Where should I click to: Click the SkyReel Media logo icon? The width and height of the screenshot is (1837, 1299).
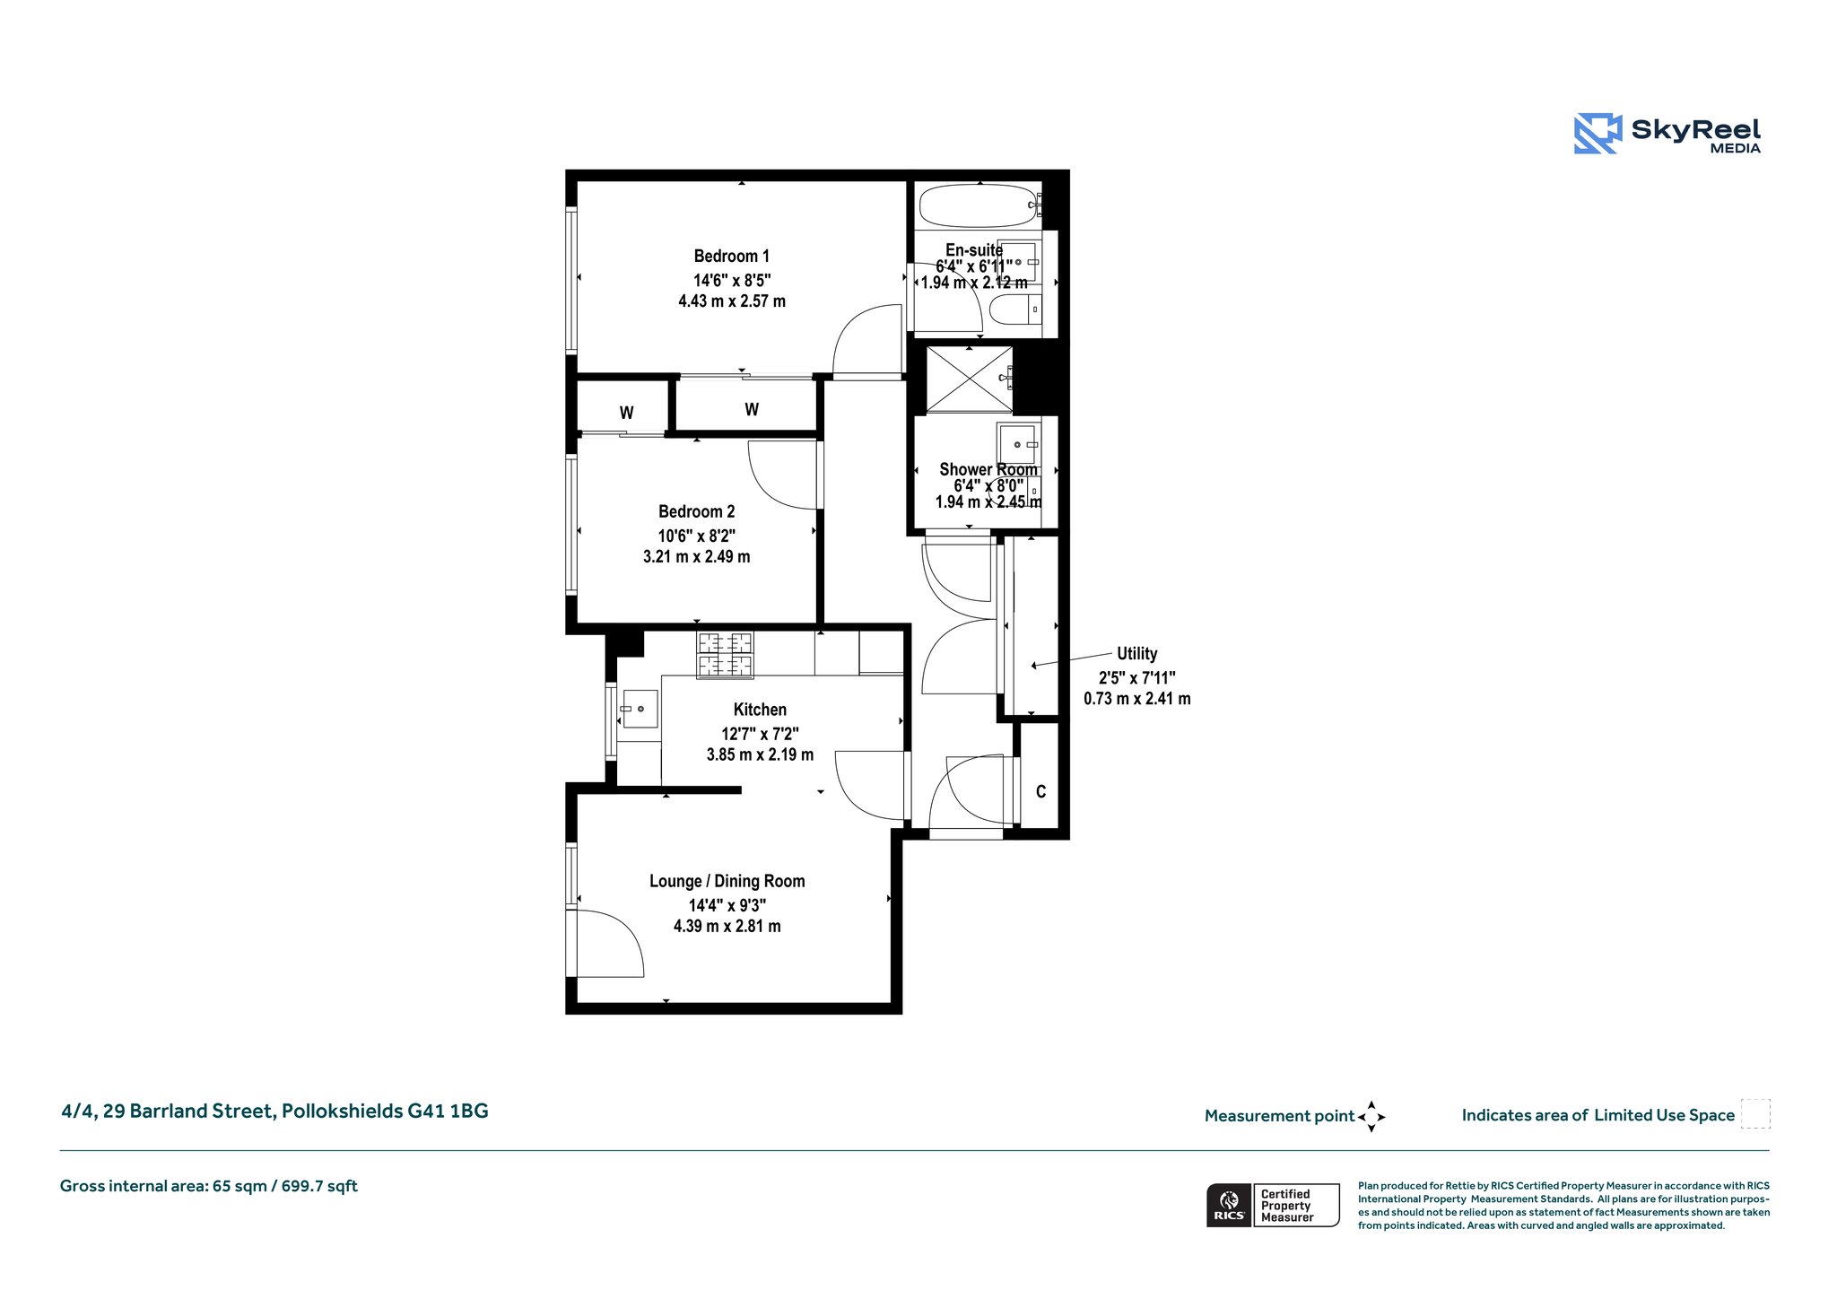click(x=1598, y=134)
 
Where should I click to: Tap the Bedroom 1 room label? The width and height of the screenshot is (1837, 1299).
click(x=732, y=256)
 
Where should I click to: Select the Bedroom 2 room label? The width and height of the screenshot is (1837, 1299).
click(x=697, y=511)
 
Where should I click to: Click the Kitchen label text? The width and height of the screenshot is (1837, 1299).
click(x=760, y=710)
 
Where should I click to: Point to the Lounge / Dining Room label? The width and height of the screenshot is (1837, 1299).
click(x=727, y=881)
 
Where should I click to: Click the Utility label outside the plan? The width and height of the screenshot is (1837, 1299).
click(x=1136, y=654)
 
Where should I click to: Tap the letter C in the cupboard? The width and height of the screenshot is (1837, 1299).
click(x=1040, y=791)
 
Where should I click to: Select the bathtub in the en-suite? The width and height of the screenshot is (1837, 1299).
click(x=978, y=205)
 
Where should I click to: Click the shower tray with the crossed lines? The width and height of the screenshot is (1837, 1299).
click(x=969, y=379)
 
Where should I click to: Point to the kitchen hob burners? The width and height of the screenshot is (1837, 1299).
click(x=726, y=655)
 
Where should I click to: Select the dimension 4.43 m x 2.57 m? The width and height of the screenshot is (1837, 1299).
click(x=732, y=301)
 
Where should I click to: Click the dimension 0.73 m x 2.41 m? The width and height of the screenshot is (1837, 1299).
click(x=1137, y=699)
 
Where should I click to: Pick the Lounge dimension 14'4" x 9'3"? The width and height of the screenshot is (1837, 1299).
click(x=727, y=905)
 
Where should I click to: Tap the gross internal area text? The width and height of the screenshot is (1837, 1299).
click(x=209, y=1186)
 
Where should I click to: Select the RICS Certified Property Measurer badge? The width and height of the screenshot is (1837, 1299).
click(x=1273, y=1205)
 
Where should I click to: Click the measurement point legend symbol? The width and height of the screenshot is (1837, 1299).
click(x=1371, y=1117)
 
